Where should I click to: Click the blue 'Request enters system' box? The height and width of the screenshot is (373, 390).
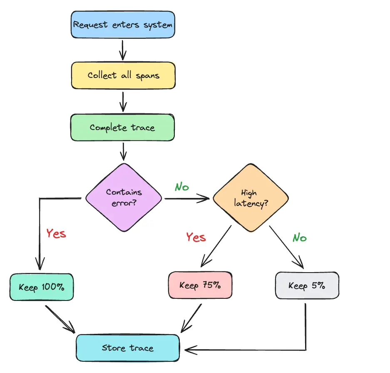point(123,25)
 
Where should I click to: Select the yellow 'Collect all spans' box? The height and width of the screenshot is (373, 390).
point(123,75)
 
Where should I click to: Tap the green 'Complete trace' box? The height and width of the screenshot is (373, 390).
point(123,127)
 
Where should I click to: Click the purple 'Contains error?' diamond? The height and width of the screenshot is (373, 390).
point(124,197)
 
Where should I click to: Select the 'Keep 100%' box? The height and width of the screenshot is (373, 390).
point(42,287)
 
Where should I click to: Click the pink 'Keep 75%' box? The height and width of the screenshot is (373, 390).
point(200,285)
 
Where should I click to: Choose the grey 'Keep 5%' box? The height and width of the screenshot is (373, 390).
point(307,285)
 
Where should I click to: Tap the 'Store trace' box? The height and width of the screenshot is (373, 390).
point(128,348)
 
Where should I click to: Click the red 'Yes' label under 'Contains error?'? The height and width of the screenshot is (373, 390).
point(56,233)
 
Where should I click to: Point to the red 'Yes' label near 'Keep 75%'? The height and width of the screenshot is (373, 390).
point(196,237)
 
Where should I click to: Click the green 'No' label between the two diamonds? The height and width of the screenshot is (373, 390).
point(181,187)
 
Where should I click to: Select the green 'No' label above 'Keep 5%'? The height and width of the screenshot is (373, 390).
point(299,238)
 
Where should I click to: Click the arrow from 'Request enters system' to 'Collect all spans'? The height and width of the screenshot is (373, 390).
point(123,50)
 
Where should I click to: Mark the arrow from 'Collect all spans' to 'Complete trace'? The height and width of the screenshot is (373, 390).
point(123,101)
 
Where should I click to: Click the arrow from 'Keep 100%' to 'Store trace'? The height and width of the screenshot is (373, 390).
point(60,320)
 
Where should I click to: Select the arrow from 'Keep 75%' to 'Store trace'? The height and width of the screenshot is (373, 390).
point(191,318)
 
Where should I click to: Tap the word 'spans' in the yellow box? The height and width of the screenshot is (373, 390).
point(148,76)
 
